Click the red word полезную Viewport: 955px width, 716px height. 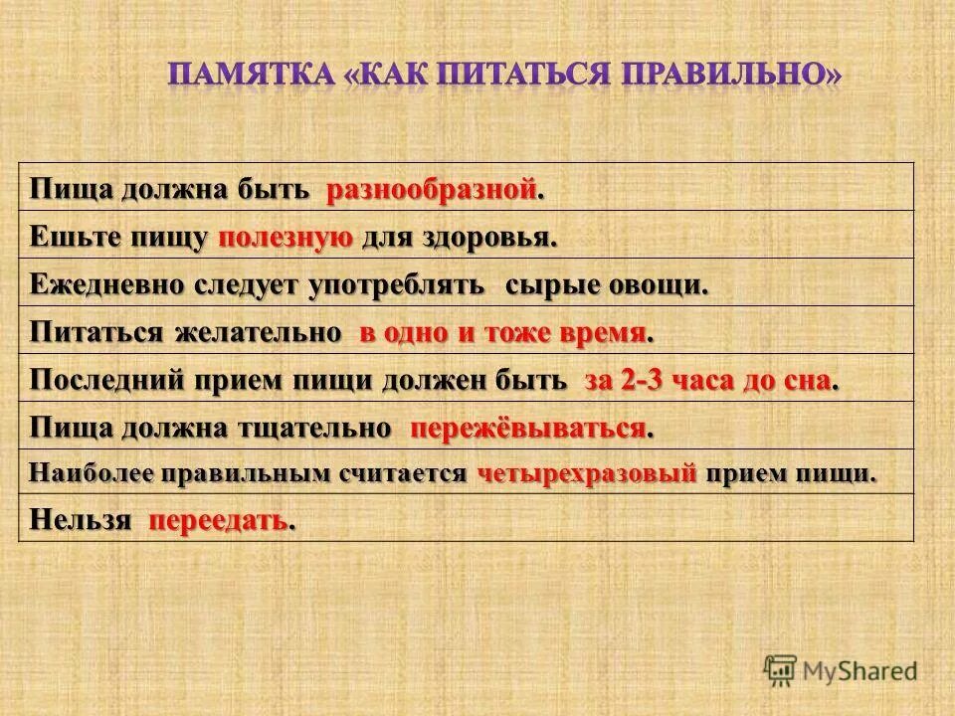point(286,237)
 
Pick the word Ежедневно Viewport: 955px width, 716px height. point(94,284)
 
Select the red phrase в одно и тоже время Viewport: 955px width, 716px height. point(502,332)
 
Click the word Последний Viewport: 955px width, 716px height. point(103,380)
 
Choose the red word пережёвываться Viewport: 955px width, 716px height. point(528,428)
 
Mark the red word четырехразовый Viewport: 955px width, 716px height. point(587,473)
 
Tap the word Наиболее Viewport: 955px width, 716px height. point(91,473)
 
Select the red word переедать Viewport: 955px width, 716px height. point(218,520)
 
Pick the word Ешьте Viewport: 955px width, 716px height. point(69,237)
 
